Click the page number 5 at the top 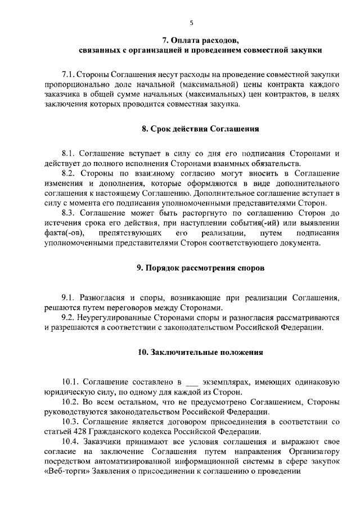(191, 22)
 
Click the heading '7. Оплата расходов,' (200, 40)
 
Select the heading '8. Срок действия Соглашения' (200, 128)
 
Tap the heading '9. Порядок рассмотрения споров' (200, 268)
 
